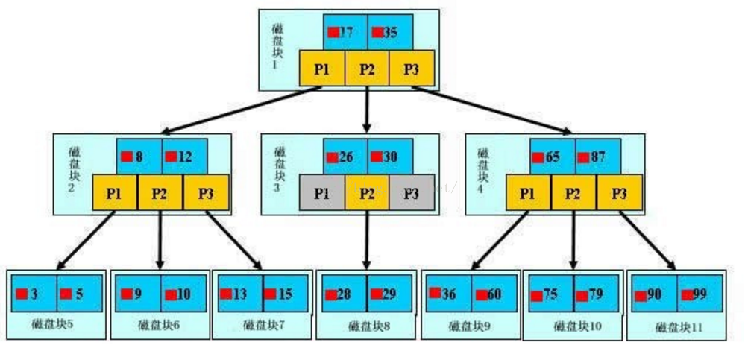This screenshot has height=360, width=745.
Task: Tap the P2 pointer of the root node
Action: [x=366, y=69]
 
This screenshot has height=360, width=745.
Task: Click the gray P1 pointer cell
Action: [x=321, y=193]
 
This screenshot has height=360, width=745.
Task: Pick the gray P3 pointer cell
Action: [x=411, y=193]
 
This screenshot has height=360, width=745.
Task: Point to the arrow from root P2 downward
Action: [x=366, y=108]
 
